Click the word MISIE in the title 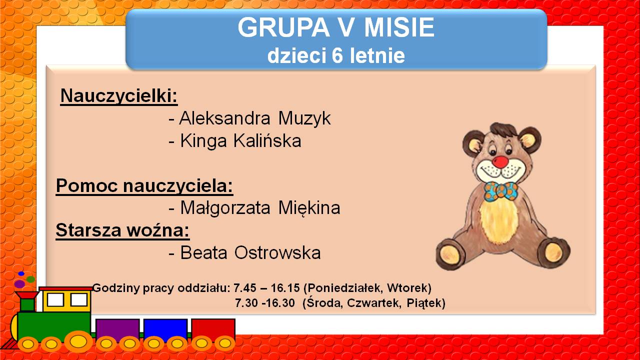[399, 27]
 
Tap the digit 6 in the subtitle [337, 55]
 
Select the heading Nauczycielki [119, 96]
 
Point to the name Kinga [203, 141]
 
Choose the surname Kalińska [267, 140]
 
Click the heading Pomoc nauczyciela [144, 186]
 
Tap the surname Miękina [309, 207]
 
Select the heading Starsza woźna [122, 230]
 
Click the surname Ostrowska [277, 252]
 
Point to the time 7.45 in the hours [245, 287]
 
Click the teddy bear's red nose [500, 161]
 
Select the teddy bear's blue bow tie [500, 191]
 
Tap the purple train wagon [117, 329]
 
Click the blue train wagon [165, 329]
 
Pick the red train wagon [213, 329]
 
